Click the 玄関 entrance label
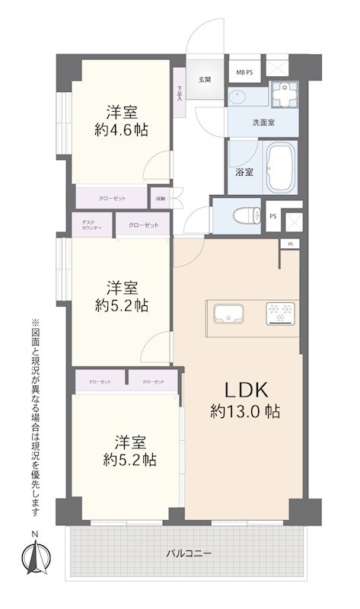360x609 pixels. [205, 79]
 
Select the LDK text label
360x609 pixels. [244, 391]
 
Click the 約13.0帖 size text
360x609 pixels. [245, 413]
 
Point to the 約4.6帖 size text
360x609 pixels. [122, 130]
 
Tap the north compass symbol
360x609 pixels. [34, 560]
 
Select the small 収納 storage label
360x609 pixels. [161, 199]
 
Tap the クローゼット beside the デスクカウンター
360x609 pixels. [144, 225]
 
